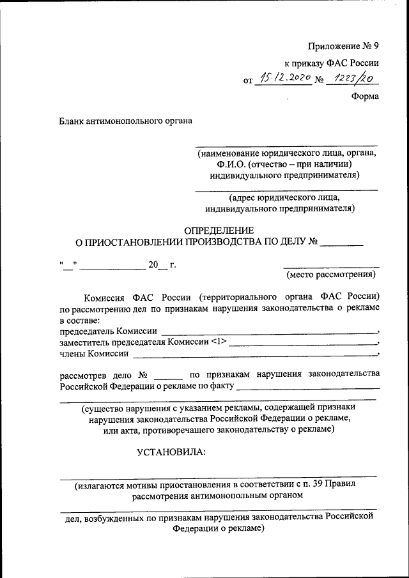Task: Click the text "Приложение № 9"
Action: (x=343, y=46)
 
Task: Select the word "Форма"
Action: (x=365, y=96)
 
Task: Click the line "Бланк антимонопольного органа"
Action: (x=125, y=119)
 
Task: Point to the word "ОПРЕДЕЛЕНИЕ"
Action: (x=219, y=230)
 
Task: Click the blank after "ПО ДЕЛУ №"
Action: (x=341, y=242)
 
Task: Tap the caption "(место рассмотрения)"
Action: (x=331, y=275)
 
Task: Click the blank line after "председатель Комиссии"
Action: (x=268, y=331)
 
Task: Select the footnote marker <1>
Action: (x=218, y=342)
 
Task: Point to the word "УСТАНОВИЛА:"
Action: (x=171, y=453)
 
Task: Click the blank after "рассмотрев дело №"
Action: (x=169, y=376)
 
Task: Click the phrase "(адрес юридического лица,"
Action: (x=286, y=197)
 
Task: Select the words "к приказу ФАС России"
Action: (x=332, y=63)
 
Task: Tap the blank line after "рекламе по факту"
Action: (x=308, y=386)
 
